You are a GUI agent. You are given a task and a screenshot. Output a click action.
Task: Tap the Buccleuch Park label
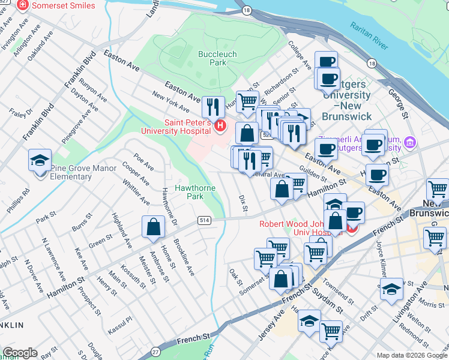pos(212,58)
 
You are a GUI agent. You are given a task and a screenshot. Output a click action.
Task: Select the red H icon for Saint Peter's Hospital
pos(220,126)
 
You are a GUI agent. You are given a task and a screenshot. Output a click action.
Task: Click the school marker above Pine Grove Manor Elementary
pos(40,161)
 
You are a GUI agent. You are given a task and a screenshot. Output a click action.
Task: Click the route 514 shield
pos(205,221)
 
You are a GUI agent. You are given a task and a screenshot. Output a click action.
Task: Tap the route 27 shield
pos(155,352)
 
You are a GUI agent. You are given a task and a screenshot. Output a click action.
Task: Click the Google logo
pos(19,353)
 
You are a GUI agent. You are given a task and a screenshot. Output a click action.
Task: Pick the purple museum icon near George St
pos(410,143)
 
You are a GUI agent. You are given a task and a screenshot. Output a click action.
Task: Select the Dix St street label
pos(243,203)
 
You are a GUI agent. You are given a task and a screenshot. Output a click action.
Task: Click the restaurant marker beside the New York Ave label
pos(213,107)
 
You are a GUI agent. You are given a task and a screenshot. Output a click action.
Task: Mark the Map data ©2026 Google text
pos(411,355)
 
